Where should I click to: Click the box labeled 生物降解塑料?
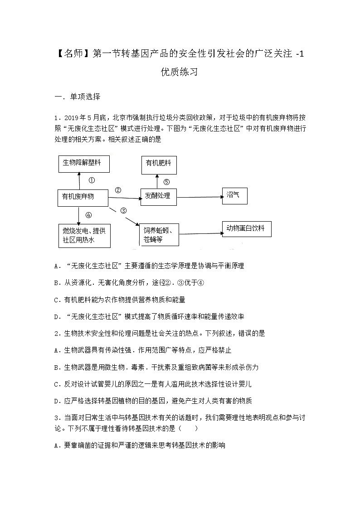(x=84, y=163)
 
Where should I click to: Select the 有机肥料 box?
(x=158, y=164)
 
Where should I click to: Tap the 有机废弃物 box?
(x=83, y=197)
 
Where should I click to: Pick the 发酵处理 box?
(x=158, y=196)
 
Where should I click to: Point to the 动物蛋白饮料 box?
(x=248, y=229)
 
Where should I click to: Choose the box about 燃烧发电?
(x=84, y=236)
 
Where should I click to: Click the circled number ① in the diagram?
(x=92, y=180)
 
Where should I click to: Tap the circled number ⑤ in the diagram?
(x=166, y=182)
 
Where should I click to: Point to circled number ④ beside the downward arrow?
(x=88, y=215)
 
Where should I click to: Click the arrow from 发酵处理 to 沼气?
(x=199, y=197)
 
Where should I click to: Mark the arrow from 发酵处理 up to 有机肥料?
(x=157, y=181)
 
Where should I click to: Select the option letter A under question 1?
(x=57, y=266)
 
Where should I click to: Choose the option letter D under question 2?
(x=57, y=401)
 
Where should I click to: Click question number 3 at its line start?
(x=56, y=417)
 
